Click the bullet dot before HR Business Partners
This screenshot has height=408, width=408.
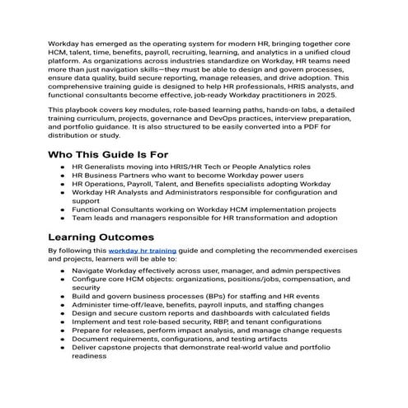tap(63, 176)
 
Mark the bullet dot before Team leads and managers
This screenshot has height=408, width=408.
tap(63, 219)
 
